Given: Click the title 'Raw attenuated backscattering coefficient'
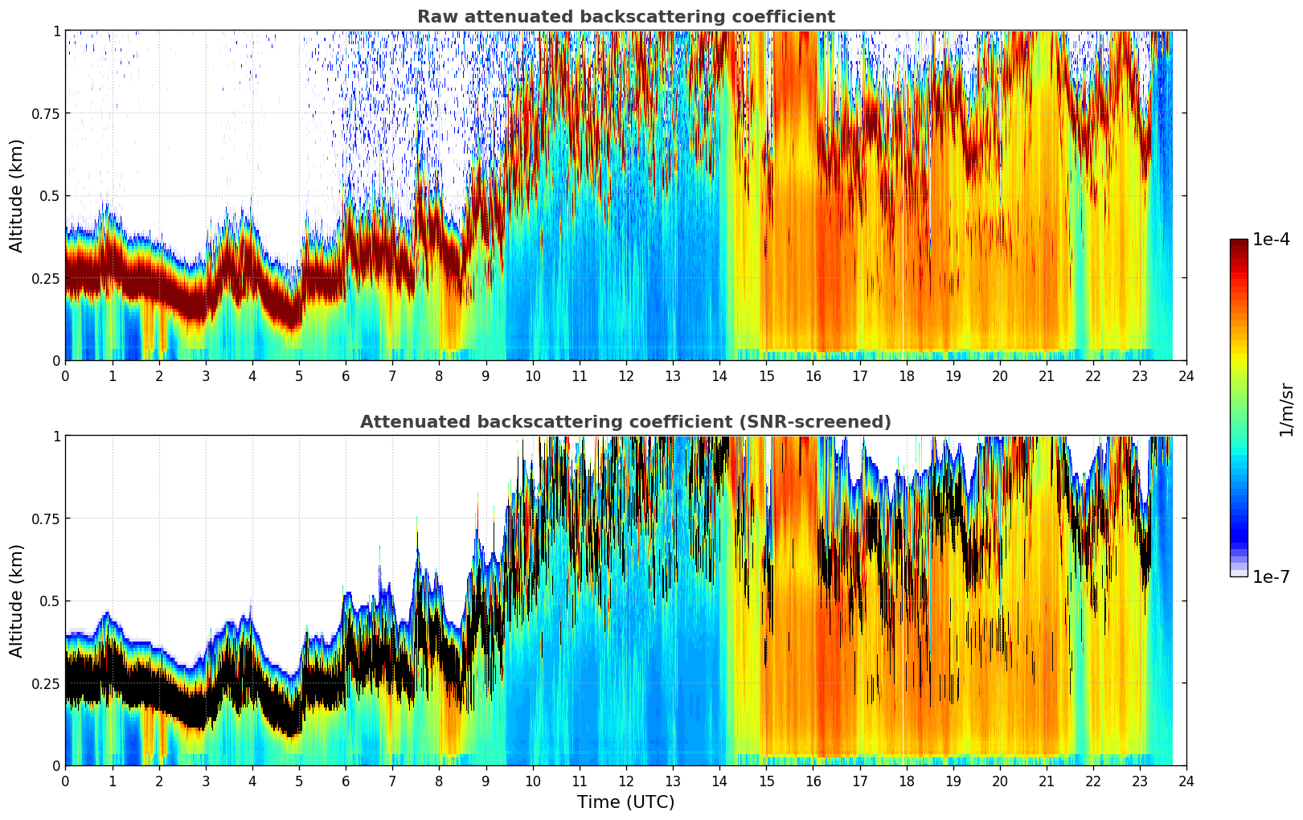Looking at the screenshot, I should (x=625, y=17).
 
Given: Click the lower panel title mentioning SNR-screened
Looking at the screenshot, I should (x=625, y=422).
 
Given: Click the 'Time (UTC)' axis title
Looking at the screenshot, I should (x=625, y=802).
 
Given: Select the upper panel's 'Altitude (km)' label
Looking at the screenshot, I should (x=17, y=195).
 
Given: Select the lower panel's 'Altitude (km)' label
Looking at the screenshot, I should (x=17, y=601).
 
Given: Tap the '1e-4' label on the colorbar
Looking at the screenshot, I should (x=1271, y=240).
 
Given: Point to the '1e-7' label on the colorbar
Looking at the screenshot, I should (x=1271, y=576).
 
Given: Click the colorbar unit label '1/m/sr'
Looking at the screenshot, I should (x=1286, y=409).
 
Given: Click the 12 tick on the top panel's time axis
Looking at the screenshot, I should (x=626, y=375).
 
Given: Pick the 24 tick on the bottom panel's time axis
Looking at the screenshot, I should (x=1186, y=781).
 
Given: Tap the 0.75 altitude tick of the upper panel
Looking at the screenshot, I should (x=46, y=113).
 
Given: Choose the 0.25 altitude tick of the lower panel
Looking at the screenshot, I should (x=46, y=683).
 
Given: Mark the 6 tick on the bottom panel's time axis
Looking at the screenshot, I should (x=346, y=781).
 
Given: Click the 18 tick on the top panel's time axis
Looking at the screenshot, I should (x=906, y=375).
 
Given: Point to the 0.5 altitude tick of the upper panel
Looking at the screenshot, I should (x=50, y=195).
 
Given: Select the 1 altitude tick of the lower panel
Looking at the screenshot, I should (x=56, y=436).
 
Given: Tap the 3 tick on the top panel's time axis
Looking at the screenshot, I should (x=206, y=375).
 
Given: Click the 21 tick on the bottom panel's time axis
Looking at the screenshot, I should (x=1047, y=781).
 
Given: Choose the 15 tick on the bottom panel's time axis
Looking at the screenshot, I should (x=766, y=781).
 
